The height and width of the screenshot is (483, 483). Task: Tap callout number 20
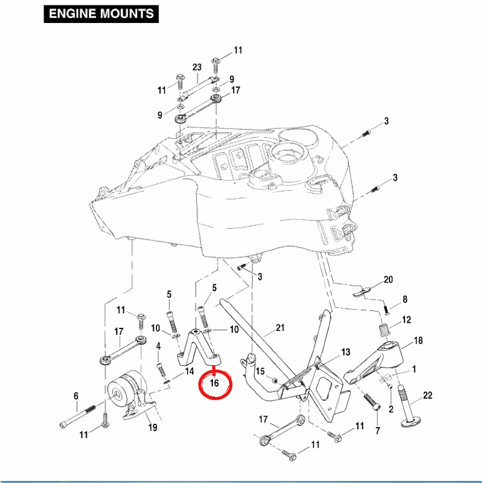tap(388, 280)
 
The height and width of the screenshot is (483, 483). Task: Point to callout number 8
tap(405, 299)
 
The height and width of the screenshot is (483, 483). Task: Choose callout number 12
tap(406, 319)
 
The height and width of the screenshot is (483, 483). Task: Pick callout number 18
tap(418, 341)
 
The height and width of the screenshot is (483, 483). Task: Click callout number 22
tap(427, 395)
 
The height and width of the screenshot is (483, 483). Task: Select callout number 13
tap(345, 352)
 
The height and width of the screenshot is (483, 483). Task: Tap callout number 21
tap(280, 328)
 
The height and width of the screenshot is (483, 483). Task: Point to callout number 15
tap(260, 370)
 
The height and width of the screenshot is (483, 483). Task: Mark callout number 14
tap(189, 371)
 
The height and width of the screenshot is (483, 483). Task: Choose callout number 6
tap(76, 396)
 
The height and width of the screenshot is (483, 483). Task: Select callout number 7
tap(378, 430)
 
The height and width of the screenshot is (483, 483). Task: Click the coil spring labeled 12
tap(382, 330)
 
